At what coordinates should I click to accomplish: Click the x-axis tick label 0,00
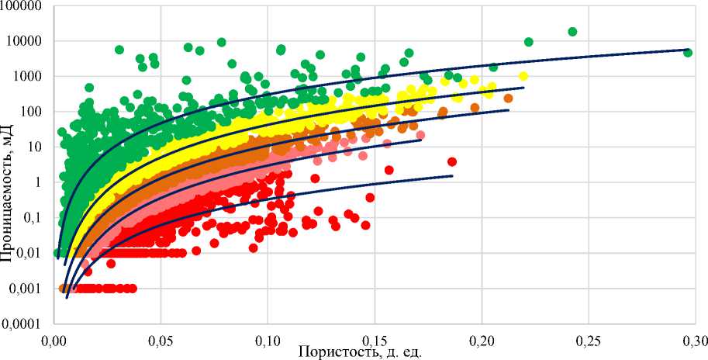click(54, 341)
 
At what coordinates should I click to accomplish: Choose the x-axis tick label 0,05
click(161, 341)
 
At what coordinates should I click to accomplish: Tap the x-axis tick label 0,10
click(268, 341)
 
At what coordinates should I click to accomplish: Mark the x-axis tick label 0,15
click(375, 341)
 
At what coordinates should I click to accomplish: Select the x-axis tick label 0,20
click(482, 341)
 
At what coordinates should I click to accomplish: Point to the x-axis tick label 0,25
click(588, 341)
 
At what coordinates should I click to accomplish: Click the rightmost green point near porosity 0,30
click(688, 53)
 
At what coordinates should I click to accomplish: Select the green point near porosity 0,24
click(573, 32)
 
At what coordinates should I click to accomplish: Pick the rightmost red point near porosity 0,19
click(452, 162)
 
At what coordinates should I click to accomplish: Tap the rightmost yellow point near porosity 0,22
click(523, 76)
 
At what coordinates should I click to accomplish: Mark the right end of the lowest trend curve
click(452, 175)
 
